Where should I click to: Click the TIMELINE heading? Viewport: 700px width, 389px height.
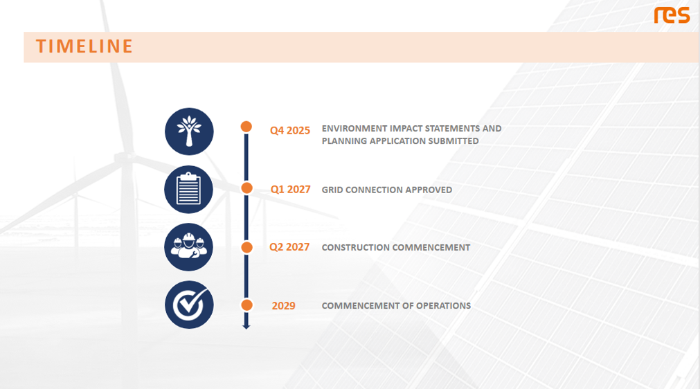pos(84,46)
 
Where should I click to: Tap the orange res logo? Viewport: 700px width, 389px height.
pos(672,15)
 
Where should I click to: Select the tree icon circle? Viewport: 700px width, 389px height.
pos(189,132)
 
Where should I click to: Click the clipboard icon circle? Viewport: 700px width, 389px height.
pos(189,190)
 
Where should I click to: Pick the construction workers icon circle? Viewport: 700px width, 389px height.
pos(189,247)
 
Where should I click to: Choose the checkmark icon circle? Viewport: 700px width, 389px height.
pos(189,305)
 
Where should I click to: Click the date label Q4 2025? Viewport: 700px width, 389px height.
pos(289,131)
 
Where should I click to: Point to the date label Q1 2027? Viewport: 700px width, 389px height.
pos(291,190)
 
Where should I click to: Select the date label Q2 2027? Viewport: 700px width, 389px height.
pos(289,247)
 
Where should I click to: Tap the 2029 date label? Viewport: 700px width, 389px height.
pos(283,305)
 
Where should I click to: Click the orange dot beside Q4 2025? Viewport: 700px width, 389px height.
pos(246,127)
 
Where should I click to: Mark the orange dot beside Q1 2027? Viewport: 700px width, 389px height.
pos(247,188)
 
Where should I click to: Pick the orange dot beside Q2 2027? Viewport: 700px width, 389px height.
pos(247,247)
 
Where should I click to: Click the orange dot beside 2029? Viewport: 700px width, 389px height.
pos(247,305)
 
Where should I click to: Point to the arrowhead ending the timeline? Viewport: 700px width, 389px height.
pos(246,327)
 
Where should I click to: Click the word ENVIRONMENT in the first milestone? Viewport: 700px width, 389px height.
pos(355,129)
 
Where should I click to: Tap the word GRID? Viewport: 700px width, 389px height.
pos(332,190)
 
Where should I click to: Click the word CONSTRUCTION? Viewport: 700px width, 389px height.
pos(356,248)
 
